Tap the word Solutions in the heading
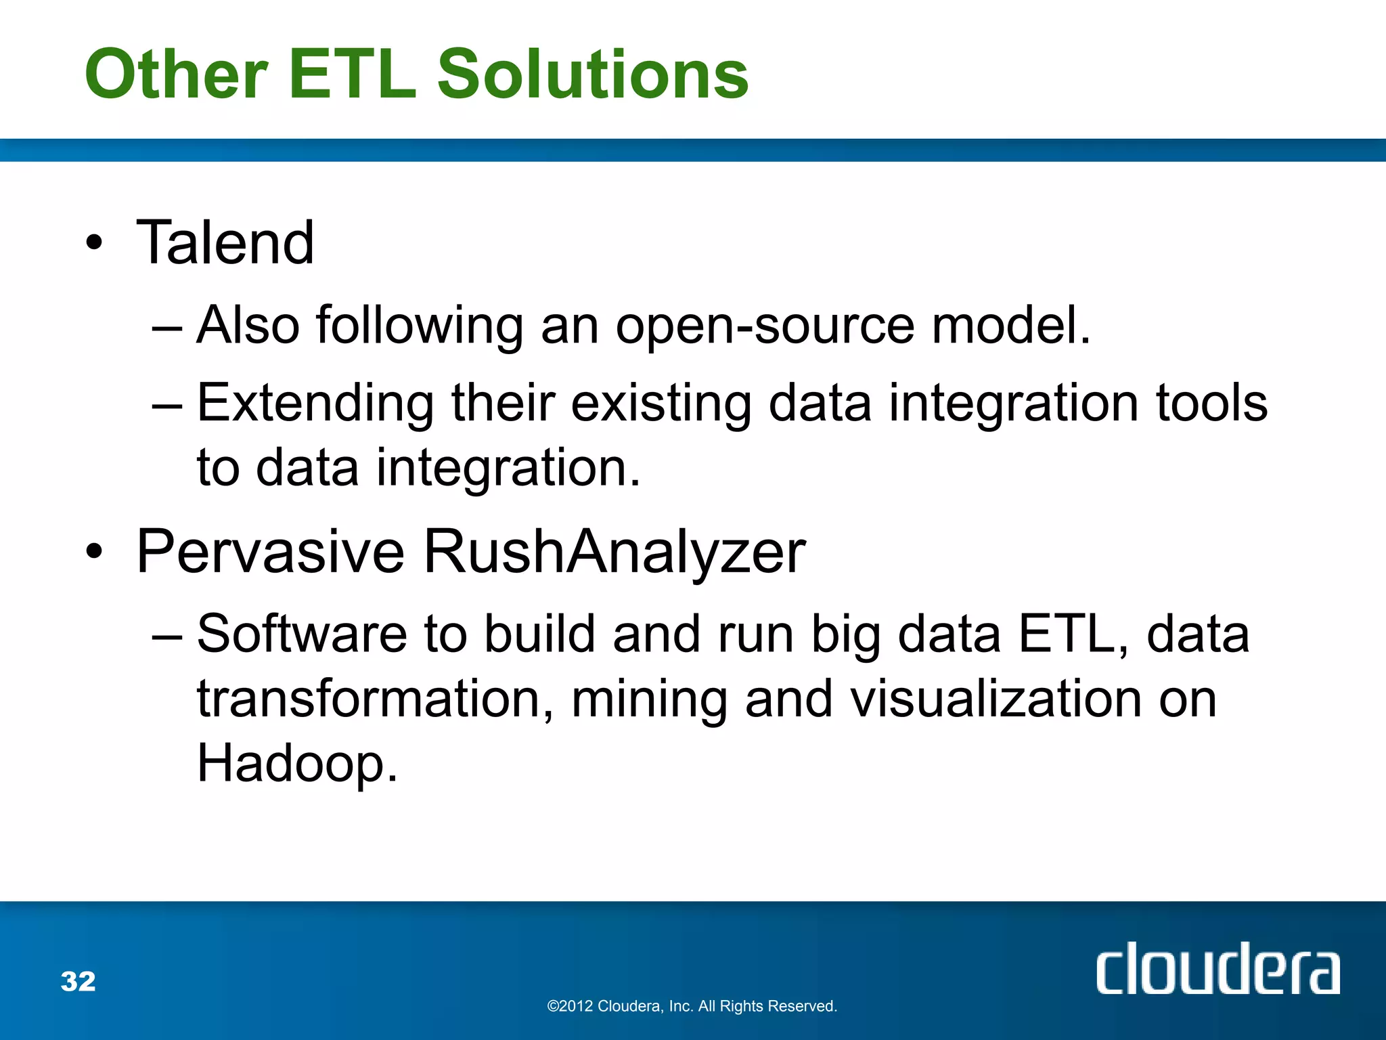593,74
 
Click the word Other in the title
176,74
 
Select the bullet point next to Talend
95,243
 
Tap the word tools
1211,404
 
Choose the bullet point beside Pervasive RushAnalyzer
95,552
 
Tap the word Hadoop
296,764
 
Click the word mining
650,700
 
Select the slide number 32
79,981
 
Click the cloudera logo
1217,969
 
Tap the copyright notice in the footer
692,1006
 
